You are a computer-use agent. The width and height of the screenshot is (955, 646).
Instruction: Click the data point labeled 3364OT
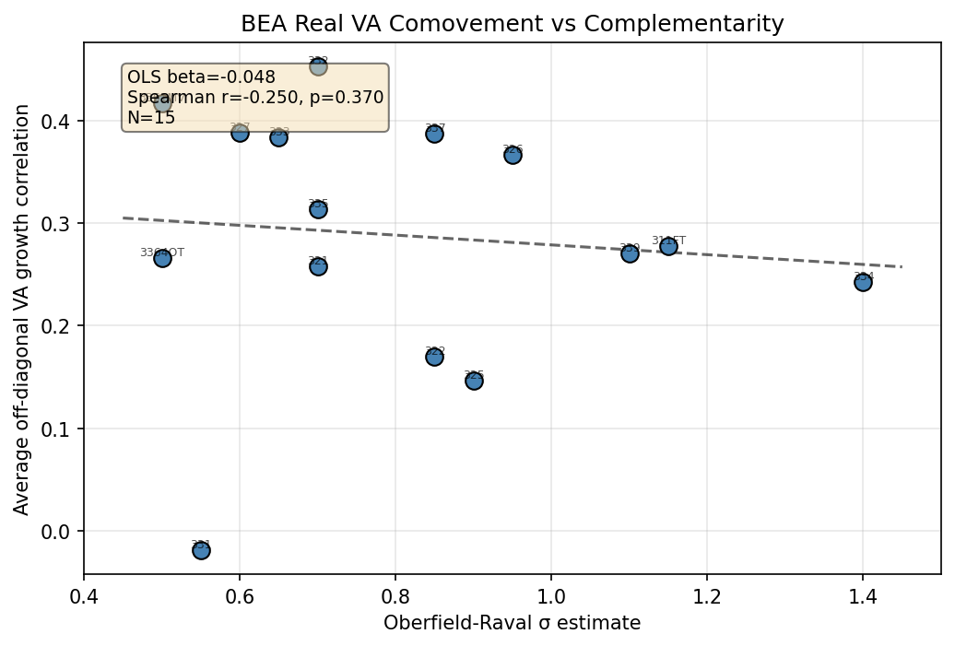click(162, 258)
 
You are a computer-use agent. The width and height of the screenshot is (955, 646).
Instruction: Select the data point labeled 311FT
click(668, 246)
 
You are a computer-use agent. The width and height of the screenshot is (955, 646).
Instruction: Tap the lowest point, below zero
click(201, 550)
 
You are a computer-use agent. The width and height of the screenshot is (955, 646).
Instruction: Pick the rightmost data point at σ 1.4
click(863, 282)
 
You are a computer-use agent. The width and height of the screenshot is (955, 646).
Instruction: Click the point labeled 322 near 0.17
click(434, 357)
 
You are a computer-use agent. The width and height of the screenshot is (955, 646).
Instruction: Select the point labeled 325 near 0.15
click(474, 381)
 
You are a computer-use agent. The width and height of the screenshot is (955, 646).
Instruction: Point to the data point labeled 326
click(513, 155)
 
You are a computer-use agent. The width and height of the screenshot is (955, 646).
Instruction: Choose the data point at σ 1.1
click(630, 253)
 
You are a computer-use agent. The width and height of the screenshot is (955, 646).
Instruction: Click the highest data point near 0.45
click(318, 66)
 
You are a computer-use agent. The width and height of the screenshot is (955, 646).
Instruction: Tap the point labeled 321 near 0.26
click(318, 266)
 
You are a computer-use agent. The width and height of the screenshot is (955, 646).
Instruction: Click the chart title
click(512, 25)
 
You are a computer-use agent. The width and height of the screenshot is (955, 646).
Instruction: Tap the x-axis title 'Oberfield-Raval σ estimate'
click(512, 624)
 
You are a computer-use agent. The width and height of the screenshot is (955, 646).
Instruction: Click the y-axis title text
click(23, 309)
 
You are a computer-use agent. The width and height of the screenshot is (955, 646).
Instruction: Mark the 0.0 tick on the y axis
click(61, 532)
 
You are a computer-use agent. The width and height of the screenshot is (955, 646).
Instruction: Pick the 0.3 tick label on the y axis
click(61, 224)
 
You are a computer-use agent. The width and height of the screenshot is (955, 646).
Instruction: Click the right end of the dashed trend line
click(901, 266)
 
